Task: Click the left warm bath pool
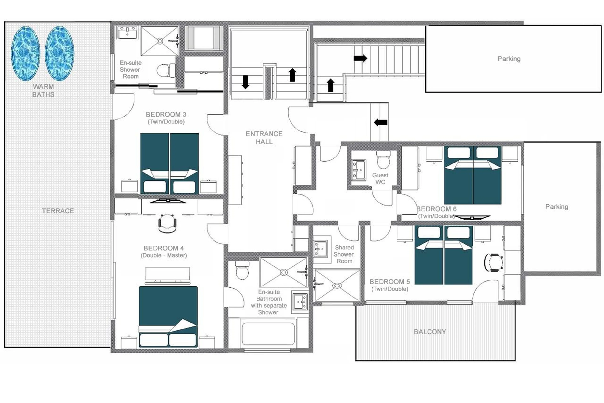pyautogui.click(x=25, y=53)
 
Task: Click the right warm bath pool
pyautogui.click(x=60, y=53)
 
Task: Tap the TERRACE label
pyautogui.click(x=58, y=211)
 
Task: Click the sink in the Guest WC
pyautogui.click(x=359, y=170)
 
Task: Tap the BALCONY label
pyautogui.click(x=430, y=332)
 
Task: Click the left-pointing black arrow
pyautogui.click(x=380, y=122)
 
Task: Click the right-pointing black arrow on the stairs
pyautogui.click(x=360, y=58)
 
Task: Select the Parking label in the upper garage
pyautogui.click(x=509, y=59)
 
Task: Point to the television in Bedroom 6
pyautogui.click(x=472, y=217)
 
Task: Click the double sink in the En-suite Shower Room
pyautogui.click(x=128, y=33)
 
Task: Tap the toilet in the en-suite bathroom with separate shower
pyautogui.click(x=242, y=271)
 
